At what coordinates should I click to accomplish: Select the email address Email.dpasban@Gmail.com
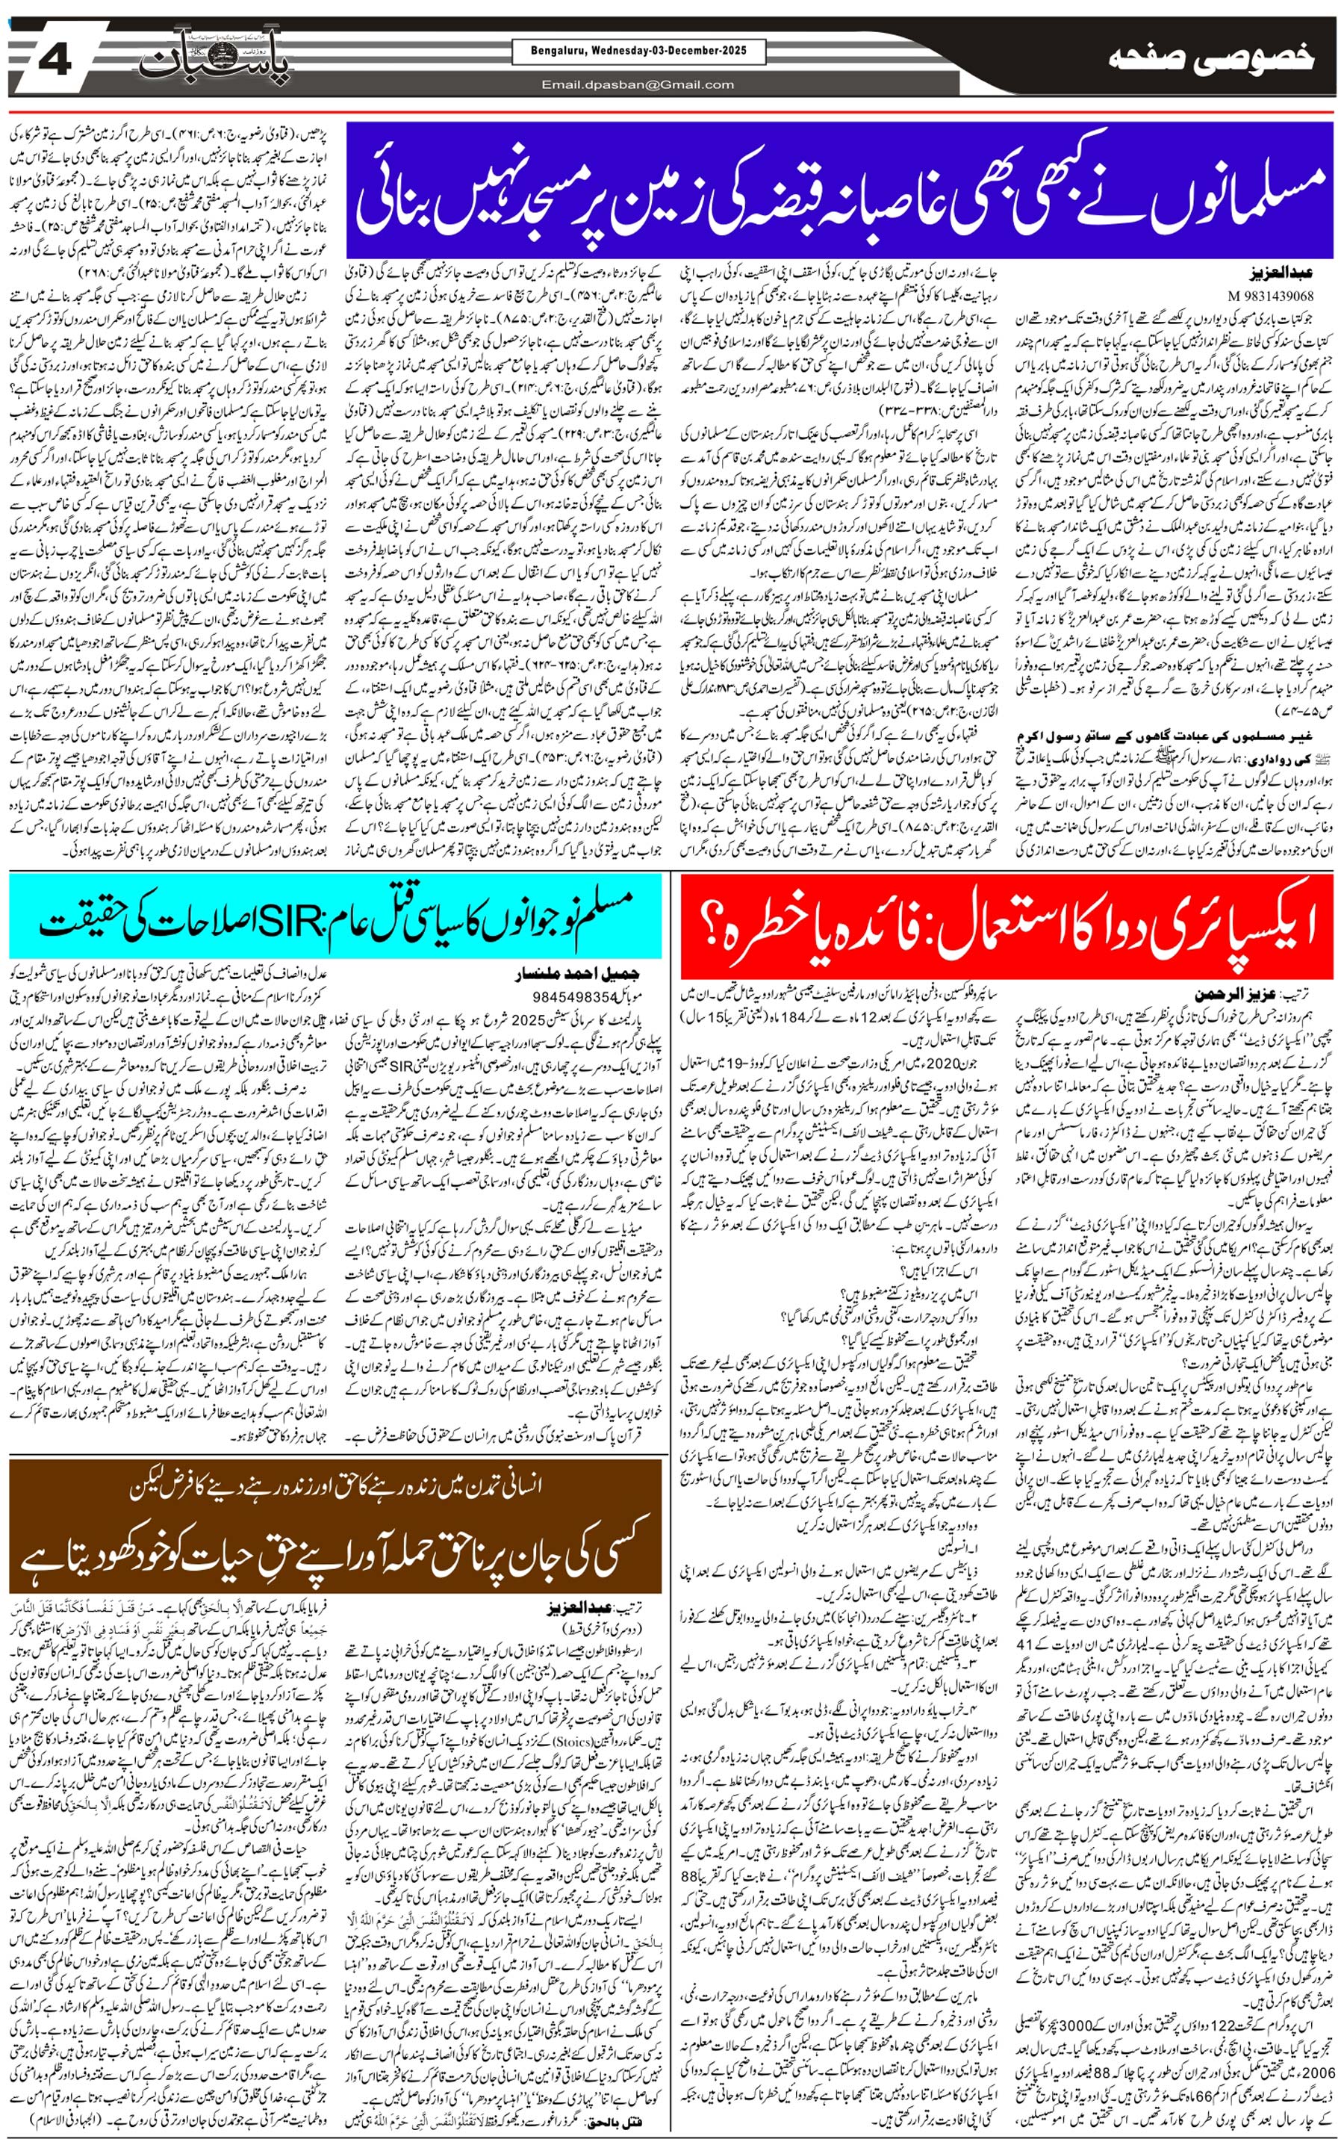click(x=638, y=84)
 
